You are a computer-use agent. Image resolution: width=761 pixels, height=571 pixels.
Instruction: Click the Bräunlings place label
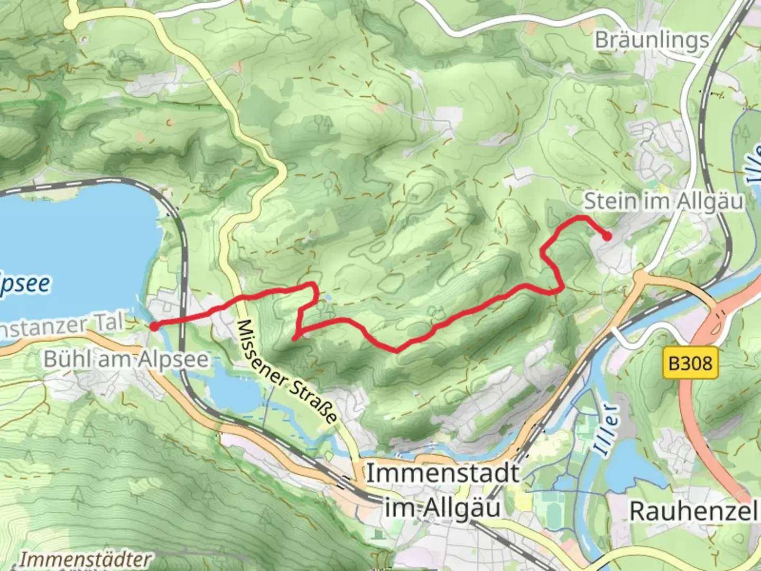(x=651, y=40)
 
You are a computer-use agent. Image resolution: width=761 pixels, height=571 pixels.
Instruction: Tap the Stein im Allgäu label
(x=663, y=201)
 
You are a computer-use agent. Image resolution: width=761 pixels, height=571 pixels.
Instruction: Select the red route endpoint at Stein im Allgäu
(x=608, y=237)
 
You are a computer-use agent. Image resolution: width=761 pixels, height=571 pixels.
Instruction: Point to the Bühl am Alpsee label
(x=126, y=360)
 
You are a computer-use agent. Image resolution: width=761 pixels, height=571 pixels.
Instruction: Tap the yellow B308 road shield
(x=690, y=364)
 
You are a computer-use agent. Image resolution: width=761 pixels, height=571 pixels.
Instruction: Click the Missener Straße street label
(x=286, y=371)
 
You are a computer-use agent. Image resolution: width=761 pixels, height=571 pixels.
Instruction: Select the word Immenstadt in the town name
(x=443, y=473)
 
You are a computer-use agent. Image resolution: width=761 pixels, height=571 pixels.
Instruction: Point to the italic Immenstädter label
(x=85, y=559)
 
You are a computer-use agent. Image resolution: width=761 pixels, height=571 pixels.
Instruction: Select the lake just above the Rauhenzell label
(x=634, y=465)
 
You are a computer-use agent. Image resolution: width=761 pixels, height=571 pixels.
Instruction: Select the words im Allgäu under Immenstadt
(x=443, y=508)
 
